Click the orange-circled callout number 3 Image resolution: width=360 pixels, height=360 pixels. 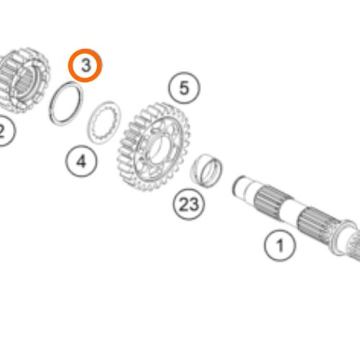tap(85, 66)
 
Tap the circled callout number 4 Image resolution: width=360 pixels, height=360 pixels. tap(81, 161)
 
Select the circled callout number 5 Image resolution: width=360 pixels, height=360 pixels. tap(184, 88)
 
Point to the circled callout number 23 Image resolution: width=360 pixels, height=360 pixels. tap(189, 204)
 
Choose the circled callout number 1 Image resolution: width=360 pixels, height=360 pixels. tap(280, 246)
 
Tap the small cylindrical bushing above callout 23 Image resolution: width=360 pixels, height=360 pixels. tap(207, 170)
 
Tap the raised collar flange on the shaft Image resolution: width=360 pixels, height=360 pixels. tap(343, 236)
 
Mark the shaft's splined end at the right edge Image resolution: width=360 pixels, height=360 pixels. tap(354, 246)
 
